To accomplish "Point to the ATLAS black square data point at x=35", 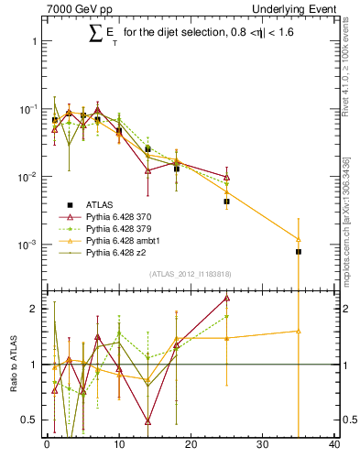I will (x=299, y=251).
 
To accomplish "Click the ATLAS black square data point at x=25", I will (x=226, y=201).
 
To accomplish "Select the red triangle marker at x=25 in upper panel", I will (x=226, y=177).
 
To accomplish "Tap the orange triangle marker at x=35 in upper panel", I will (x=299, y=239).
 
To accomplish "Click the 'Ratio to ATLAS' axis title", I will (x=11, y=365).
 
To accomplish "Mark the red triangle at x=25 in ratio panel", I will (x=226, y=298).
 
